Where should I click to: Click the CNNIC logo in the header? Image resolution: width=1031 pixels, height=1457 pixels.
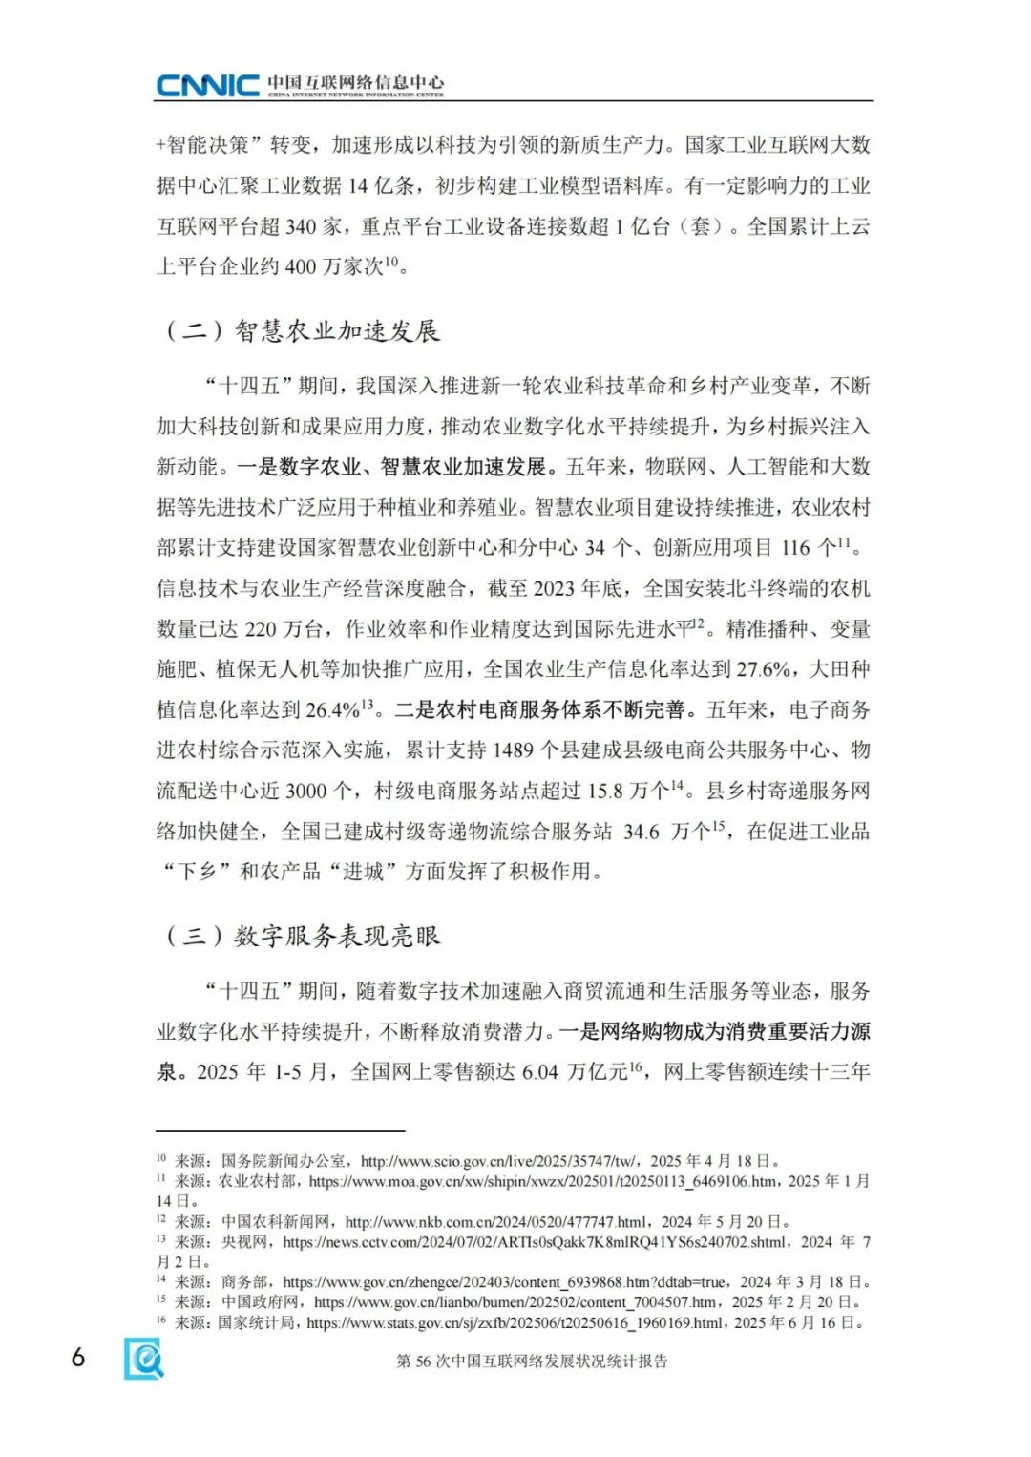[207, 86]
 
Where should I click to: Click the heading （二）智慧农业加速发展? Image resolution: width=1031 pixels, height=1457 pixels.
[303, 331]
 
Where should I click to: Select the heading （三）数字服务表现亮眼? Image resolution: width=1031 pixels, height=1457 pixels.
[303, 936]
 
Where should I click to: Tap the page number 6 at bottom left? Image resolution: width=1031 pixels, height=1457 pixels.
[78, 1357]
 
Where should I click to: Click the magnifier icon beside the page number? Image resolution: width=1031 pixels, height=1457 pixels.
[143, 1358]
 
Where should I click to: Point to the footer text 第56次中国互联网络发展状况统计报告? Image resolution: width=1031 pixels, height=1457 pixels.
[532, 1362]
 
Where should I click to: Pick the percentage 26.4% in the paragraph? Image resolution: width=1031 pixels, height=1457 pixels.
[332, 710]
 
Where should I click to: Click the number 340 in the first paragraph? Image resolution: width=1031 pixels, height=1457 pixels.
[301, 226]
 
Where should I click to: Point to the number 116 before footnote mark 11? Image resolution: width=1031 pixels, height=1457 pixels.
[795, 548]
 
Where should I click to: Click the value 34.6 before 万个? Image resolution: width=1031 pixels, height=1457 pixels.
[641, 832]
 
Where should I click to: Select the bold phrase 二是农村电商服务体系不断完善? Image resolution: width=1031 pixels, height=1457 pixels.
[540, 709]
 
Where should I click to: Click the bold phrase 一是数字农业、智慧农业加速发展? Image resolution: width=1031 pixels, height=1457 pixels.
[395, 467]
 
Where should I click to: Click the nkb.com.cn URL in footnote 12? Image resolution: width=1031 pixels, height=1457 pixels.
[495, 1221]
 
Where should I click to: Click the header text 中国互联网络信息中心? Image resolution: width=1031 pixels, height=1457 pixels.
[355, 82]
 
